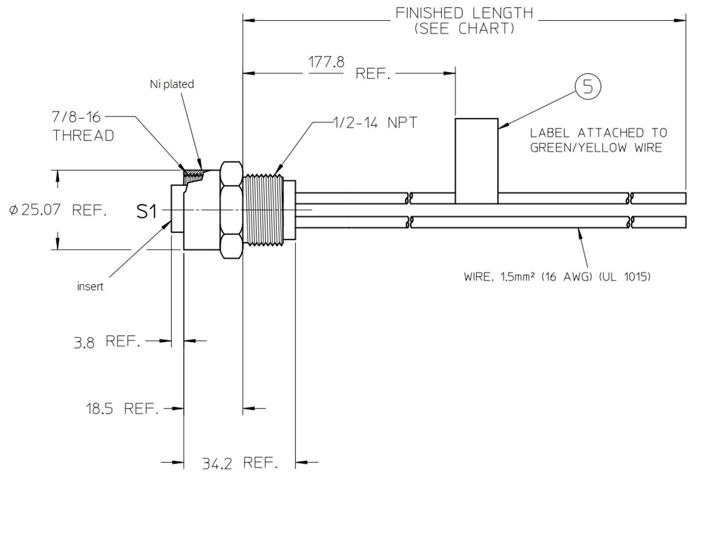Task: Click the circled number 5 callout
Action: [x=588, y=87]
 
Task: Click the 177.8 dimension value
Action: [x=326, y=63]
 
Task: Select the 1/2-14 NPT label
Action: [x=375, y=123]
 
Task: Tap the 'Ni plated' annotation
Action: [x=172, y=84]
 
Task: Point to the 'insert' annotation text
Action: [x=90, y=287]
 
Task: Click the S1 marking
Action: [x=147, y=211]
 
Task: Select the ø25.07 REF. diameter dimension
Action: [x=58, y=210]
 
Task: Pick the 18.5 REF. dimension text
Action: [x=122, y=409]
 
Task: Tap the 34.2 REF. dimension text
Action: [x=239, y=463]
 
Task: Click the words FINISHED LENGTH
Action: [x=464, y=13]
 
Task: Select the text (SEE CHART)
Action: [x=464, y=29]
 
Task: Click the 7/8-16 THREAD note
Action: [x=83, y=126]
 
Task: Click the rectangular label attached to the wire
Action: [x=476, y=161]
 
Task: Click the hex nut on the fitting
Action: [x=231, y=210]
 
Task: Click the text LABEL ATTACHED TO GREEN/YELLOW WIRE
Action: [x=598, y=140]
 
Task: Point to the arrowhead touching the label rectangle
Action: [x=501, y=127]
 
